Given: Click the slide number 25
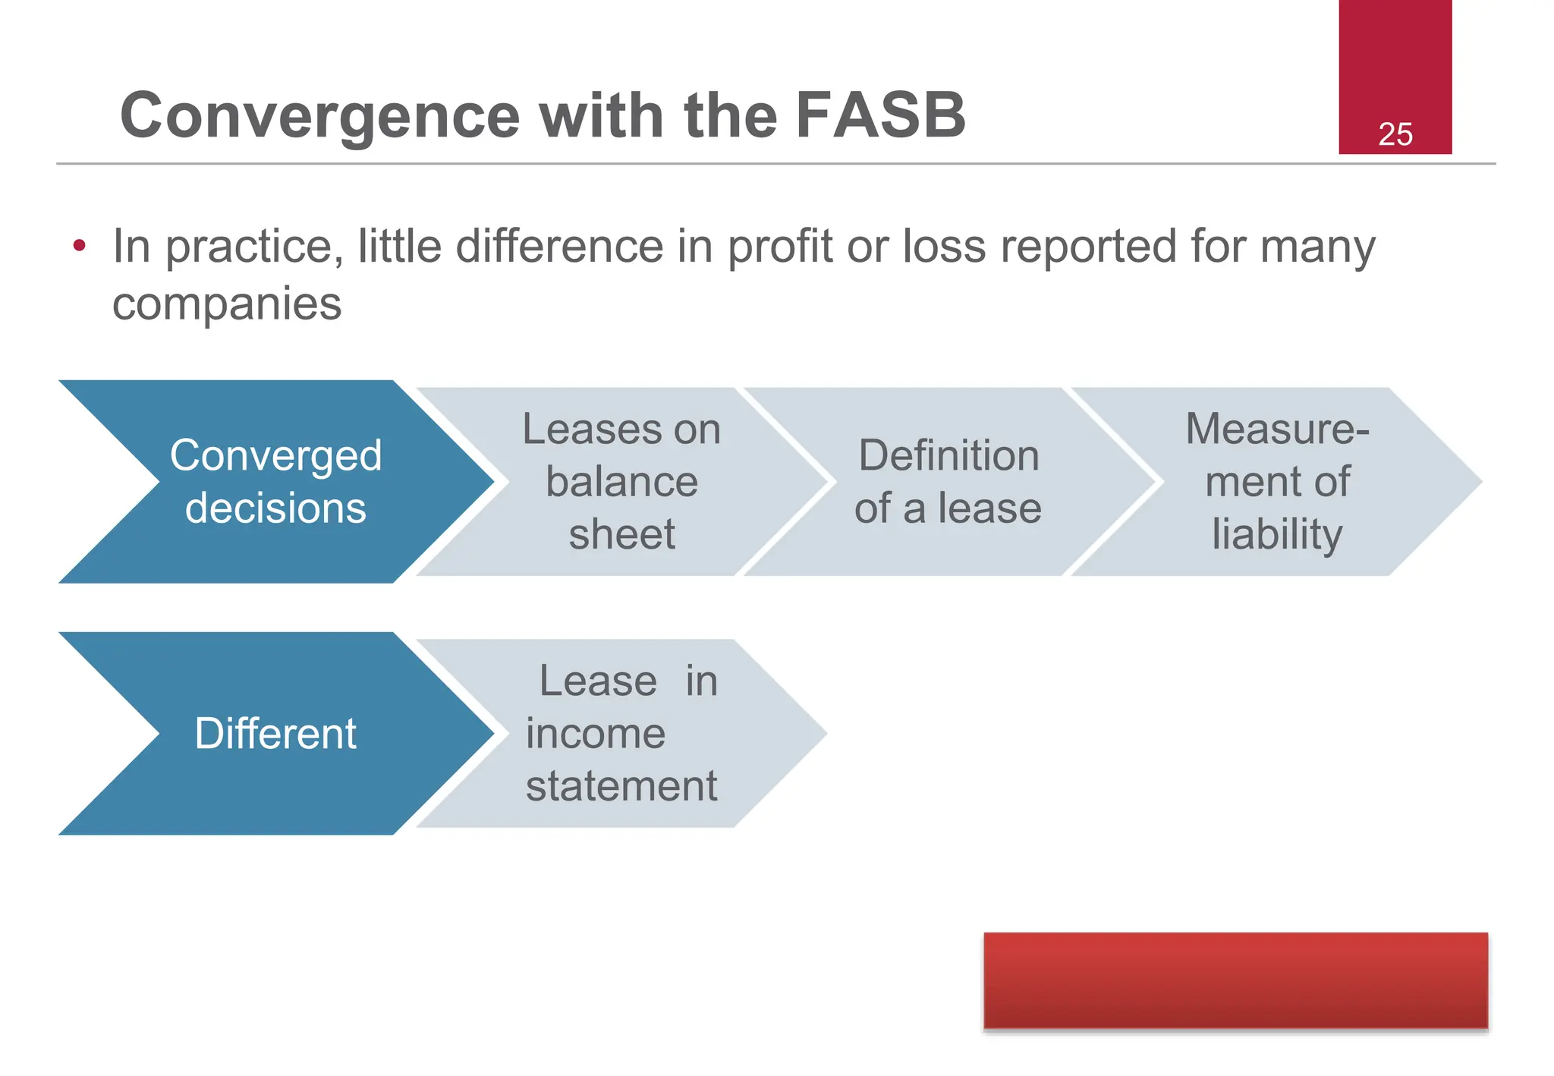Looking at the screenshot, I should [x=1395, y=134].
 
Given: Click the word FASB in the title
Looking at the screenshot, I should [x=880, y=115].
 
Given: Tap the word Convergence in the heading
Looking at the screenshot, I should [x=319, y=115].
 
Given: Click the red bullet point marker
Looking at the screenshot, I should [x=79, y=246].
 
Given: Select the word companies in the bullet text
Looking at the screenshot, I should [x=227, y=304].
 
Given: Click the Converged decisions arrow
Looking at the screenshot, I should [x=275, y=481].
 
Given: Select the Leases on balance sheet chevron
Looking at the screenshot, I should [x=621, y=481].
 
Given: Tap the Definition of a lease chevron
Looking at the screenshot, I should [x=948, y=481].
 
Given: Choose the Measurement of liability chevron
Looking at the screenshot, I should [x=1277, y=481].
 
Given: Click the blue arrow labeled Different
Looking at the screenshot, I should [x=275, y=733].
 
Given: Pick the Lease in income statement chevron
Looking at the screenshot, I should [x=621, y=733].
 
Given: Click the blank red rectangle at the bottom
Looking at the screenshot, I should [x=1235, y=980].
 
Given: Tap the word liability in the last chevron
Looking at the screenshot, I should [x=1277, y=534].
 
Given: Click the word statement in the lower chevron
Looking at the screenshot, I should [x=621, y=786].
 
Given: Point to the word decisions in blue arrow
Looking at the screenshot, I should [x=275, y=508].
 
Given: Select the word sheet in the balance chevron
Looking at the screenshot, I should [x=621, y=534].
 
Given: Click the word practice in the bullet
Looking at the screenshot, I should [x=249, y=247].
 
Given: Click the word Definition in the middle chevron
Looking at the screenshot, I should [x=948, y=455].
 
